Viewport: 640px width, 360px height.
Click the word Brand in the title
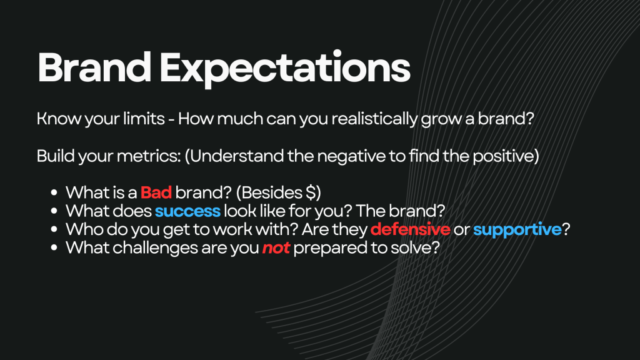pos(94,67)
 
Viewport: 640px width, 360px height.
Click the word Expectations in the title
pos(285,69)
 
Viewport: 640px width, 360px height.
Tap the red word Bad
pos(156,192)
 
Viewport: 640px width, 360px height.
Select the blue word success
pos(187,211)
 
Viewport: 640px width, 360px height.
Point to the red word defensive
pos(410,229)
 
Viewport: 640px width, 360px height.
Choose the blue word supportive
pos(517,230)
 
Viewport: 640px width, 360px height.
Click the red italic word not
pos(276,247)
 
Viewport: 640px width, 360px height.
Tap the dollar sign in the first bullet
pos(311,192)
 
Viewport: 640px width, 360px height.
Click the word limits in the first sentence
pos(144,118)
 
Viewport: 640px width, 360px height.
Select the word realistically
pos(374,119)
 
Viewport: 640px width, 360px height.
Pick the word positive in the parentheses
pos(503,156)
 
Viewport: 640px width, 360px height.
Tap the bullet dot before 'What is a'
pos(54,192)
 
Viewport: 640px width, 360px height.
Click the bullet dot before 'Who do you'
pos(54,229)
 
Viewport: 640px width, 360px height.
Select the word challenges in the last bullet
pos(155,247)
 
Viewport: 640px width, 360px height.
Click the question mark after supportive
pos(566,229)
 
